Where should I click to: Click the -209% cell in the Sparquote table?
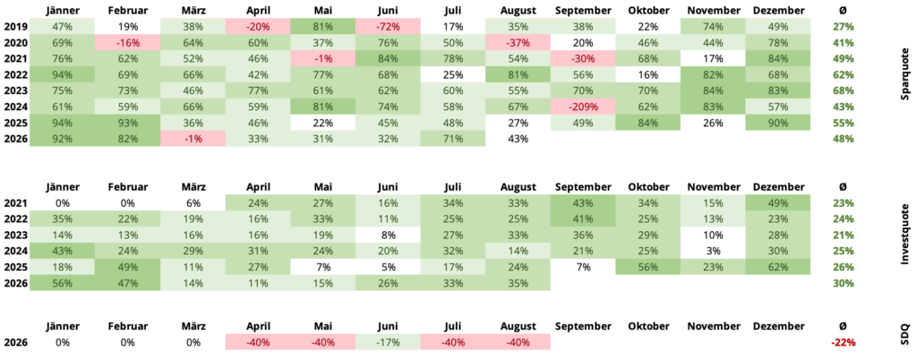tap(582, 107)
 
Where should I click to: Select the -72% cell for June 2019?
tap(388, 26)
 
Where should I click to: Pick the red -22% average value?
tap(842, 342)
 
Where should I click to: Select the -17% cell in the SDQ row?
tap(388, 342)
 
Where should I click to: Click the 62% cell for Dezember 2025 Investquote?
tap(778, 267)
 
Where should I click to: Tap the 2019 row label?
tap(14, 26)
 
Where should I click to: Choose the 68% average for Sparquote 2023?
tap(842, 90)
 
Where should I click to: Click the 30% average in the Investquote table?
tap(842, 283)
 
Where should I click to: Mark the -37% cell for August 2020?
tap(518, 42)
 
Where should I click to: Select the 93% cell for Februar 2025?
tap(127, 123)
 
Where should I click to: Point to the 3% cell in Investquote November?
tap(713, 251)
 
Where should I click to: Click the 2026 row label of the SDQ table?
tap(14, 342)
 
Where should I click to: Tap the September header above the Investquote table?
tap(582, 187)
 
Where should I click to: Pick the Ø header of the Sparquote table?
tap(842, 11)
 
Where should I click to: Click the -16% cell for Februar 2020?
tap(127, 42)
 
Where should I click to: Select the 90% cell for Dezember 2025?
tap(778, 123)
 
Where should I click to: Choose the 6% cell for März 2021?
tap(193, 202)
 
